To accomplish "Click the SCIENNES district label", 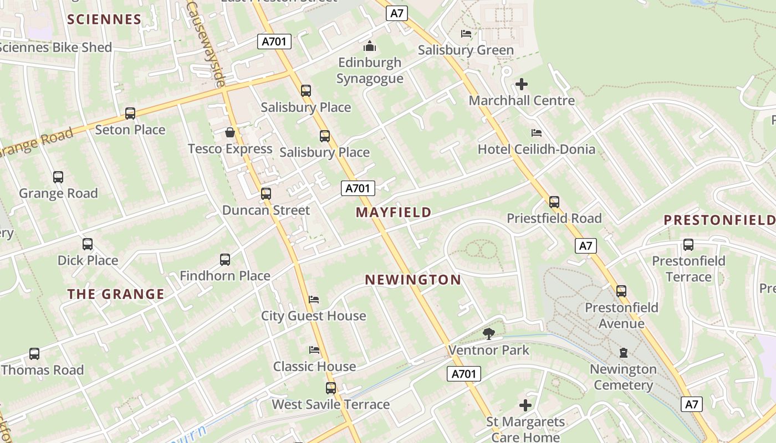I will [x=104, y=19].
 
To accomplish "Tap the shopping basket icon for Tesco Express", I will [x=230, y=132].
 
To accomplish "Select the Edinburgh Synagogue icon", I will [x=370, y=45].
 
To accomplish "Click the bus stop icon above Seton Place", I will [x=130, y=113].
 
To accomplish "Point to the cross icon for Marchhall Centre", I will [x=522, y=84].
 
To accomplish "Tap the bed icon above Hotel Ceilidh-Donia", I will [x=536, y=133].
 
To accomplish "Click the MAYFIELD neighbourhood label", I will [x=394, y=212].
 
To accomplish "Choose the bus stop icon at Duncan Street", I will [x=266, y=194].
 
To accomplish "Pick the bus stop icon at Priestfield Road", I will [x=554, y=202].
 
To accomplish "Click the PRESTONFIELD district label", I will [x=719, y=220].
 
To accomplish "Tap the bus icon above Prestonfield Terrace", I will [x=688, y=244].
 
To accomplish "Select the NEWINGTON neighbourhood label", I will [x=413, y=280].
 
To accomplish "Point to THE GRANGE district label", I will [x=116, y=294].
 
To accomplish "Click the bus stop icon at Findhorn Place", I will [x=225, y=259].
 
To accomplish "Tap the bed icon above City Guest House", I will [x=314, y=300].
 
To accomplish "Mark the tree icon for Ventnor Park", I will [x=488, y=333].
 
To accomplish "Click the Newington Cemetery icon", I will [x=624, y=353].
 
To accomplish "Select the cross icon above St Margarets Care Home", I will [x=525, y=405].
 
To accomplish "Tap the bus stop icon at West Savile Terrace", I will [x=331, y=388].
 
